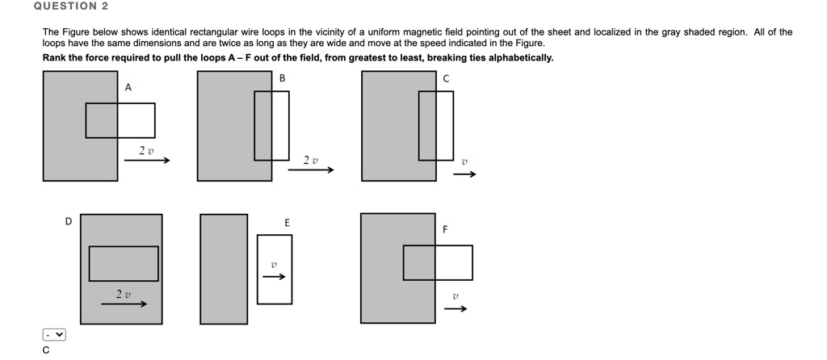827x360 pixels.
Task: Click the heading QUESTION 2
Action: click(x=71, y=6)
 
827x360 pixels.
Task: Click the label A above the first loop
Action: click(x=128, y=87)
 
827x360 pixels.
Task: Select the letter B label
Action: click(x=282, y=78)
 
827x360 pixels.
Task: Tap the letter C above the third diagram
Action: click(x=446, y=78)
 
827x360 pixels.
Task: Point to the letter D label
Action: click(x=69, y=220)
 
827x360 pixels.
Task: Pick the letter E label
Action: click(x=287, y=222)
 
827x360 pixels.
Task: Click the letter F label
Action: click(x=444, y=229)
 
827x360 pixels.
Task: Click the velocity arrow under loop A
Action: click(x=147, y=161)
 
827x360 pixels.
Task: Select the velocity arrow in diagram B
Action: click(x=311, y=170)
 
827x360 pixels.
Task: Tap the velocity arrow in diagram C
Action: click(x=464, y=174)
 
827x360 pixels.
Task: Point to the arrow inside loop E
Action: click(x=274, y=278)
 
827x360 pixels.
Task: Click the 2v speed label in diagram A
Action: click(x=145, y=151)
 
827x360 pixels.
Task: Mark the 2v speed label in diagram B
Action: click(x=311, y=161)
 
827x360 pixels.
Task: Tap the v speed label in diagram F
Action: click(x=455, y=297)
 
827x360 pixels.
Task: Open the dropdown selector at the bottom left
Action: click(x=54, y=334)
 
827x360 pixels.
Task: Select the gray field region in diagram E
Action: click(x=224, y=269)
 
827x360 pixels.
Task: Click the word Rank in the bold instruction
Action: click(x=55, y=58)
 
